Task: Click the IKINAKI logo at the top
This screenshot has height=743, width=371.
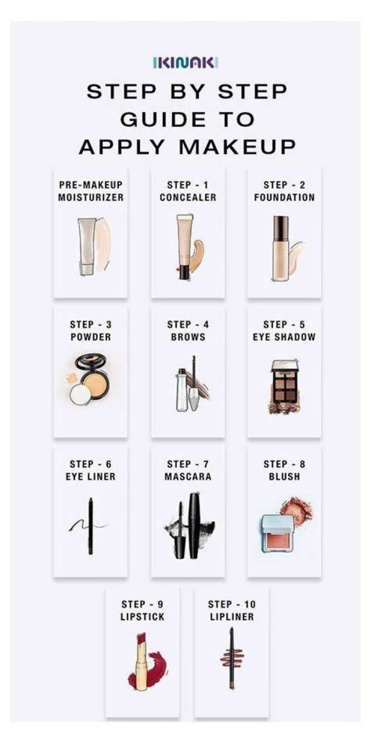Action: coord(185,62)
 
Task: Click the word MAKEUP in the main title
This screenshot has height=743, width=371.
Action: coord(237,147)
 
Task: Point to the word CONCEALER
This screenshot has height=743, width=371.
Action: coord(188,197)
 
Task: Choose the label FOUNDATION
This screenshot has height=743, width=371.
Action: coord(284,197)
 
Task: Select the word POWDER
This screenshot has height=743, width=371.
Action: coord(91,337)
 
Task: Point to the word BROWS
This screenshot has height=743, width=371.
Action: coord(188,337)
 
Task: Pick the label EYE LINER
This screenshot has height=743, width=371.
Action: coord(91,477)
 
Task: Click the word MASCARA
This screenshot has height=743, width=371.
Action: coord(188,477)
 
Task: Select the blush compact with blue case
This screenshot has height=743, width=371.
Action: coord(277,535)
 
